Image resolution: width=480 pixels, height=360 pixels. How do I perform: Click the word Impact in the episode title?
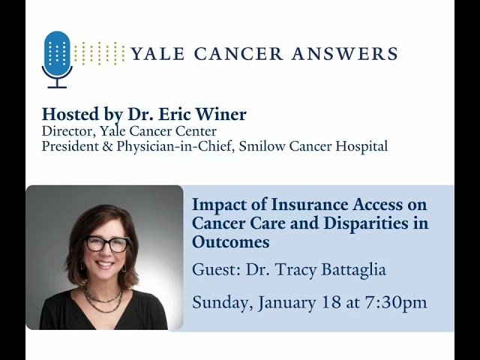(x=217, y=204)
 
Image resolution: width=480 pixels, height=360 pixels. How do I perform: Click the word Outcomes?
(x=230, y=243)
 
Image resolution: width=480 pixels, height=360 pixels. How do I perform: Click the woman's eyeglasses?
(x=106, y=244)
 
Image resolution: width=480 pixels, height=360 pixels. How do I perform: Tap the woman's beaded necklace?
(x=103, y=298)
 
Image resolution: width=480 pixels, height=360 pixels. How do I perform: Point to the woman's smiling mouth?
(x=105, y=265)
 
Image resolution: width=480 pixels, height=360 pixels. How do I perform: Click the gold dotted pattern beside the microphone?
(x=100, y=53)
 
